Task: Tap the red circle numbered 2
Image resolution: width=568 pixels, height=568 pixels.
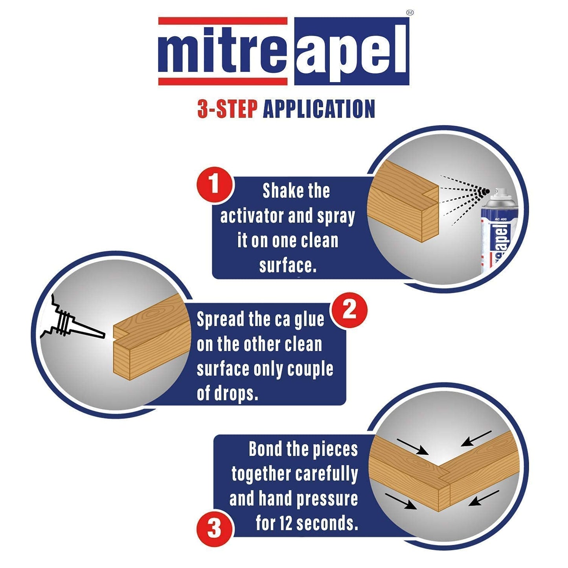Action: (349, 311)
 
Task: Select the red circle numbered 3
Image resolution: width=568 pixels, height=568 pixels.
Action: (214, 528)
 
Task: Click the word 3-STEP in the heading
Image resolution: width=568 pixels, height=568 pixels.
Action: (227, 109)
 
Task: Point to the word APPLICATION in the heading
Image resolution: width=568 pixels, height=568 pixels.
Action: (319, 109)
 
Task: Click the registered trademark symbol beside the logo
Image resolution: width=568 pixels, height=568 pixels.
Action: (410, 13)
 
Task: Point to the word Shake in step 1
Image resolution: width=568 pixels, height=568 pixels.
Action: (279, 191)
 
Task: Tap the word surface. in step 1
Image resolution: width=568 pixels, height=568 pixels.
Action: (288, 266)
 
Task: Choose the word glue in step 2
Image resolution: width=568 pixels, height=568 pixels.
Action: (309, 320)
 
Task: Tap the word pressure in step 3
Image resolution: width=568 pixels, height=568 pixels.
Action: (327, 499)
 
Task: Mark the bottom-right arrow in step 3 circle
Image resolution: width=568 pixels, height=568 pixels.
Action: (484, 498)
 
